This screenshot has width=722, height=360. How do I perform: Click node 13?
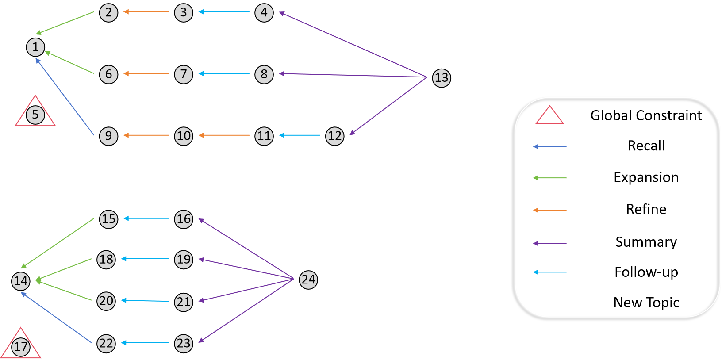441,78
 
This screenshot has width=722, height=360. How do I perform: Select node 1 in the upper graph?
35,47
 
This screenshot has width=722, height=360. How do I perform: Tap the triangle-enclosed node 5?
35,115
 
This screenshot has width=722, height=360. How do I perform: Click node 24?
308,280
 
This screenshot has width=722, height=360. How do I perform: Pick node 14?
21,281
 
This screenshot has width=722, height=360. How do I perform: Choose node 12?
334,136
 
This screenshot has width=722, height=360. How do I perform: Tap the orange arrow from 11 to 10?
224,135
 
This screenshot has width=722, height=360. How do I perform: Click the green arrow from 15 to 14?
58,243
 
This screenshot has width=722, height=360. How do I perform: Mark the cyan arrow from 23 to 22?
145,343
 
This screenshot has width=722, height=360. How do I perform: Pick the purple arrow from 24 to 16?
246,249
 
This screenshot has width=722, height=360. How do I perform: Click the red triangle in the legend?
549,116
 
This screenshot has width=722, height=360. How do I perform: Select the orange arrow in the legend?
550,210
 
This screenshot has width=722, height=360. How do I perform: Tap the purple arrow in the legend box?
550,243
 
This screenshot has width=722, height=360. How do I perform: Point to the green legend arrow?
550,178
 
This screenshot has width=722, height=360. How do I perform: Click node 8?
264,74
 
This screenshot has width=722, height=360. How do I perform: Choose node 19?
184,259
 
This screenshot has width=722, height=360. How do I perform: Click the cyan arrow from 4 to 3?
224,12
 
